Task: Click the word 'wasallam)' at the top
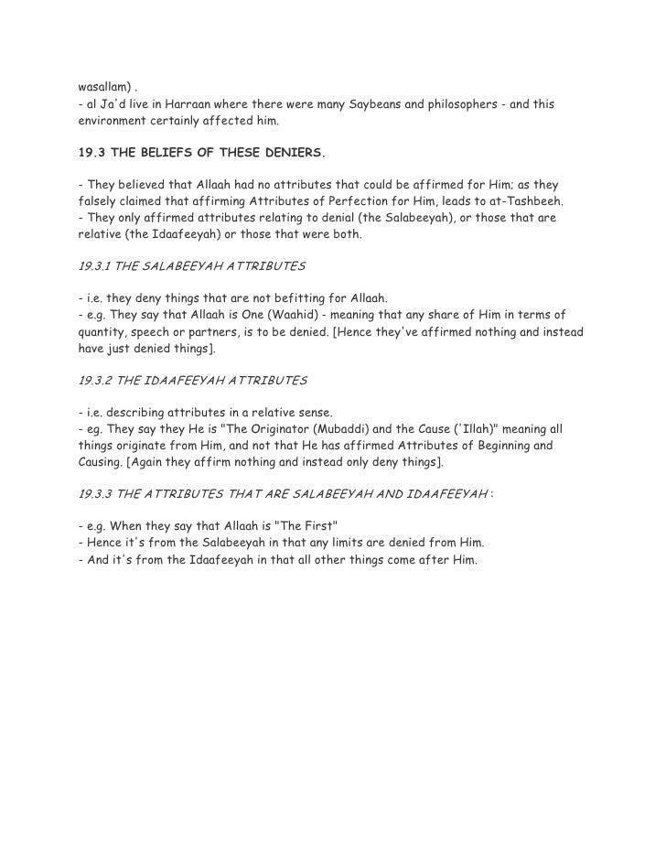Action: pyautogui.click(x=103, y=89)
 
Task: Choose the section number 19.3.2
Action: pyautogui.click(x=95, y=378)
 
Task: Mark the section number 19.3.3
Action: pyautogui.click(x=95, y=494)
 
